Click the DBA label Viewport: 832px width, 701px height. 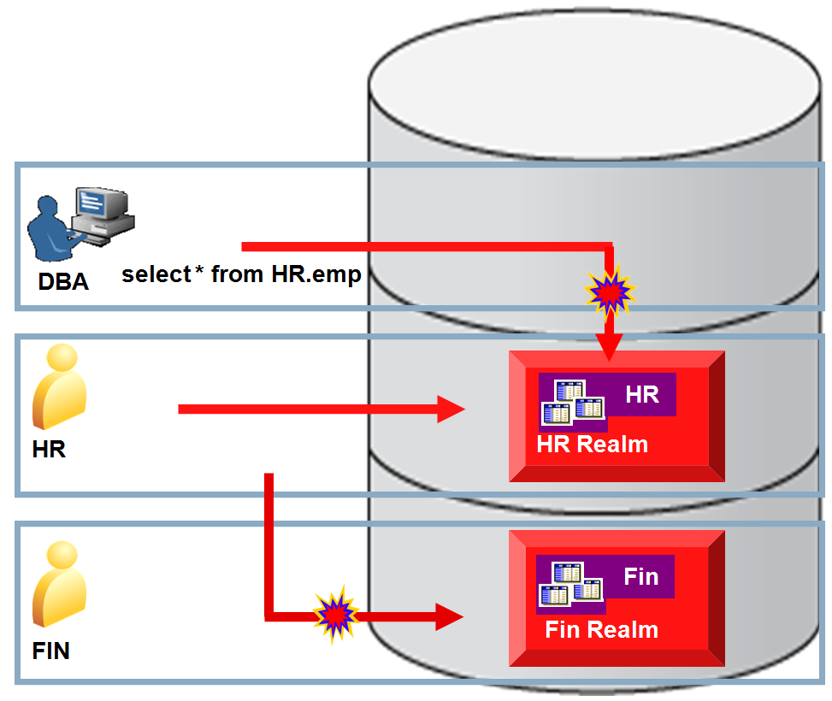[x=63, y=281]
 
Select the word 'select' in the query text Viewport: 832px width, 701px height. [x=156, y=274]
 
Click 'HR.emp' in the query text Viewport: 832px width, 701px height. [x=316, y=275]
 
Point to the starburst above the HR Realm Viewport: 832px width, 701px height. [x=610, y=292]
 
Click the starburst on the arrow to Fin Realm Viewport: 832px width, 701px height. [x=335, y=615]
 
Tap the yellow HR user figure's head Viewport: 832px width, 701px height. [x=62, y=357]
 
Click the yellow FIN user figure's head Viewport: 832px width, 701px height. [x=62, y=555]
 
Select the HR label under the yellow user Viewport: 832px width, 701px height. [x=49, y=449]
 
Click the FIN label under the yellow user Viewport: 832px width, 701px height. [x=51, y=651]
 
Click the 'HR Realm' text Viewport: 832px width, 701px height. [x=593, y=445]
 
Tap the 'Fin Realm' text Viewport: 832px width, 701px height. [x=602, y=630]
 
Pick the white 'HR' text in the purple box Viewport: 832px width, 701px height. [x=642, y=394]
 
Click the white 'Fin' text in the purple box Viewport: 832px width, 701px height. [x=641, y=576]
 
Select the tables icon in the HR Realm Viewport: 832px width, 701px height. [x=573, y=403]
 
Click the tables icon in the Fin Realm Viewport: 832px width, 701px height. [x=571, y=584]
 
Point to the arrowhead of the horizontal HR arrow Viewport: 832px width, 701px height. [x=451, y=409]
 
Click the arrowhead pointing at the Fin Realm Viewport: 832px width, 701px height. [x=450, y=616]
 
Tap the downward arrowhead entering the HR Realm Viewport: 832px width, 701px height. [x=609, y=348]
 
